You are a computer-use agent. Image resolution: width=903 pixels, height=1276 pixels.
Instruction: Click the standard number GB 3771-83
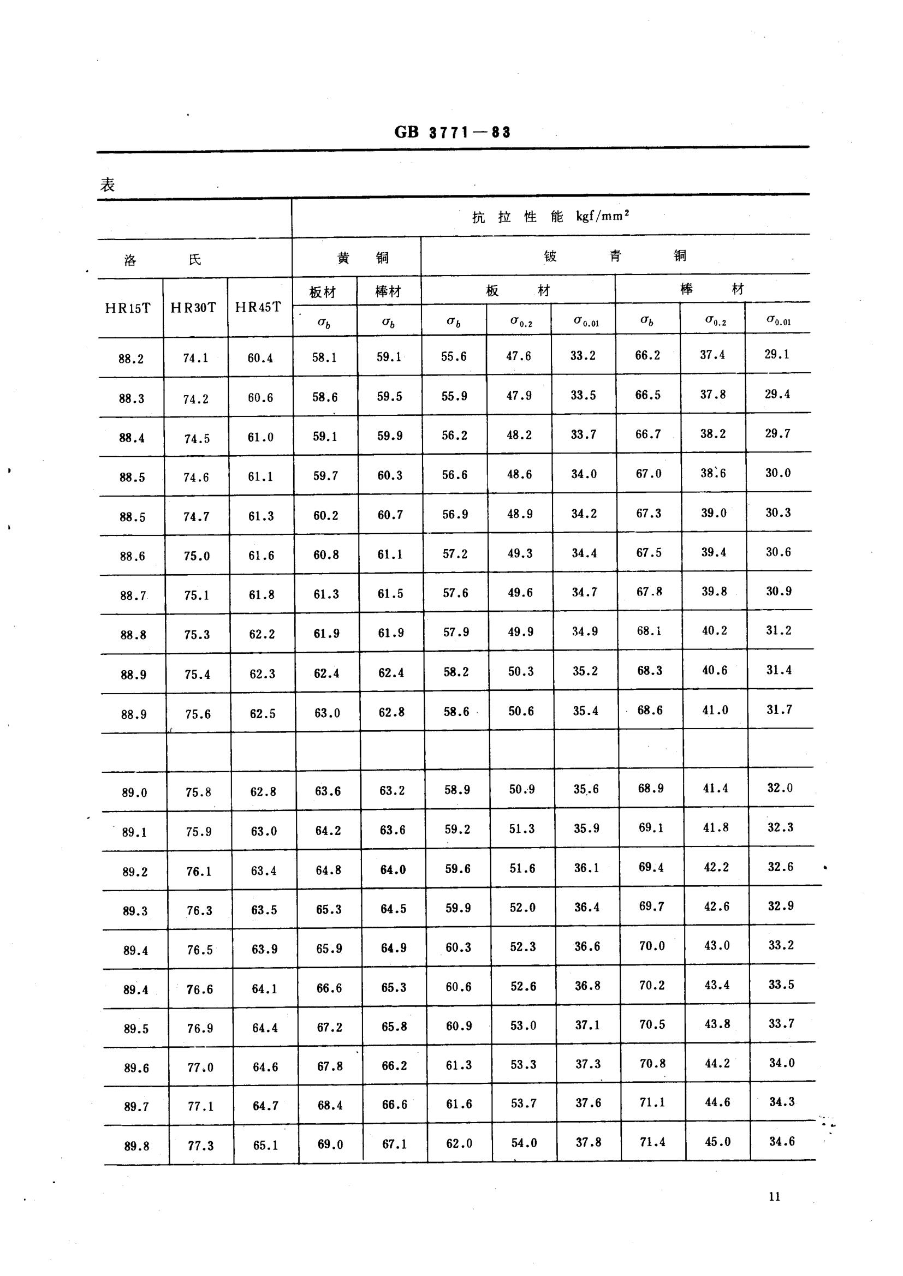coord(452,132)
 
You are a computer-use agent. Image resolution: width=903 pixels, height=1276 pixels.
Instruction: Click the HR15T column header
coord(128,308)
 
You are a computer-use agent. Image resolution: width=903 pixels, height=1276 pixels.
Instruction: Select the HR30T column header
coord(193,308)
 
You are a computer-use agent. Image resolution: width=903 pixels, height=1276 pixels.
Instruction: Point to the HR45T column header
coord(258,307)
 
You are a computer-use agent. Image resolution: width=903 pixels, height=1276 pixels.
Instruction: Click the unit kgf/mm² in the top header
coord(603,216)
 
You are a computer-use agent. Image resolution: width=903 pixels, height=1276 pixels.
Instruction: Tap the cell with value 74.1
coord(196,359)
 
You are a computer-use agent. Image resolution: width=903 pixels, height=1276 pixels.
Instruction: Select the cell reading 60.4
coord(260,358)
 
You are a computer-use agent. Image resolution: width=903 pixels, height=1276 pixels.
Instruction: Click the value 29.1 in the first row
coord(777,354)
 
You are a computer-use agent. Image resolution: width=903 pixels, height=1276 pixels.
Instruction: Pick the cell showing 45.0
coord(718,1142)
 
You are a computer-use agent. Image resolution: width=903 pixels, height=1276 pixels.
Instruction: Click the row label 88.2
coord(130,359)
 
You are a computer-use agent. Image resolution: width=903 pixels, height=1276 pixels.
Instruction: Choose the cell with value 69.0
coord(330,1144)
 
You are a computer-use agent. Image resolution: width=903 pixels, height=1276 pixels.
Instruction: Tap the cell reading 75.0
coord(197,556)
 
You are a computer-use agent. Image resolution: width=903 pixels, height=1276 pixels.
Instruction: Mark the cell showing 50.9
coord(521,789)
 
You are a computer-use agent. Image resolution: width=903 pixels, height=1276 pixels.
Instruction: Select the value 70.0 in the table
coord(652,945)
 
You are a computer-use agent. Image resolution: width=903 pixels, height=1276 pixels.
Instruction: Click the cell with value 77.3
coord(200,1146)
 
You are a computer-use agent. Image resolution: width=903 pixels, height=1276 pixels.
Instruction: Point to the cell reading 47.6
coord(518,356)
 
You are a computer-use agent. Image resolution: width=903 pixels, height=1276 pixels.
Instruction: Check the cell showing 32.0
coord(780,788)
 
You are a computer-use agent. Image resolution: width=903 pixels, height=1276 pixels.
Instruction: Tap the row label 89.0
coord(134,792)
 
